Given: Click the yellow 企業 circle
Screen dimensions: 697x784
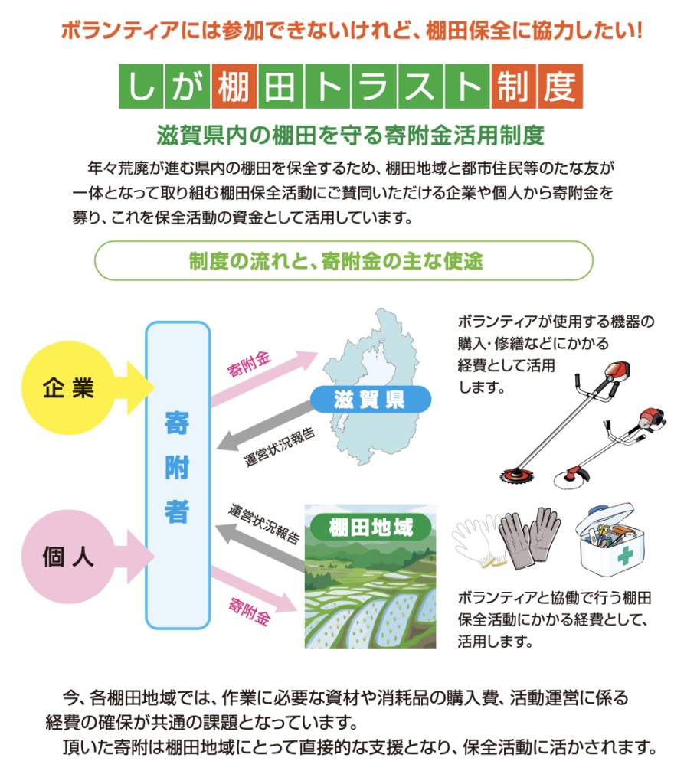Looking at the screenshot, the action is coord(68,387).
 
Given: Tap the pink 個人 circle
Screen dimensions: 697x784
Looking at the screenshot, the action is coord(68,556).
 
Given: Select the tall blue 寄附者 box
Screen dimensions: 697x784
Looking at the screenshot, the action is coord(178,475).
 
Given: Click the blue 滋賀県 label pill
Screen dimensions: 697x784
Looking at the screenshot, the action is coord(370,399).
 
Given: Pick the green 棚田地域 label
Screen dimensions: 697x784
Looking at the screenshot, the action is coord(371,527).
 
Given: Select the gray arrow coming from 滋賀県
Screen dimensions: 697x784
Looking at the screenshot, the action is coord(265,426).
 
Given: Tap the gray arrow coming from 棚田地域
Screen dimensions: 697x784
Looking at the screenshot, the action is coord(260,546).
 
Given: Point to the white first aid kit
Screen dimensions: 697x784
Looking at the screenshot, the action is coord(610,540).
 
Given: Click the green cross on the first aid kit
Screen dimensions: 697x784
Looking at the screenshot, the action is coord(625,555).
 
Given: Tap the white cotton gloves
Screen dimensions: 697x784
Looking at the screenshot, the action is coord(478,544).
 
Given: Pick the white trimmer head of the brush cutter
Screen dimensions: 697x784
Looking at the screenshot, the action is coord(574,478).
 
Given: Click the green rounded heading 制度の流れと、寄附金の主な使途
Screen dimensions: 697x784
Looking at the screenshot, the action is coord(344,260).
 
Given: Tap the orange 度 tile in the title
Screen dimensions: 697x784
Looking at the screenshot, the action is coord(561,86).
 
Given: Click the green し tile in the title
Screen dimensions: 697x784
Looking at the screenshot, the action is coord(141,86).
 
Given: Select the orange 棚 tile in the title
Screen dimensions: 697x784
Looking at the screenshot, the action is coord(234,86).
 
